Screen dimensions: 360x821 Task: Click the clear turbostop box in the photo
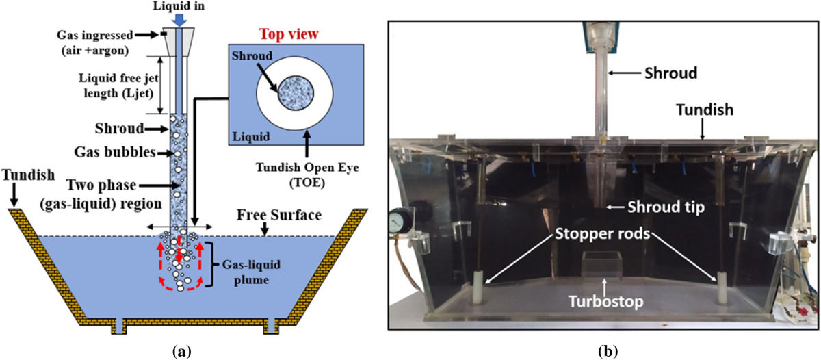click(602, 263)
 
